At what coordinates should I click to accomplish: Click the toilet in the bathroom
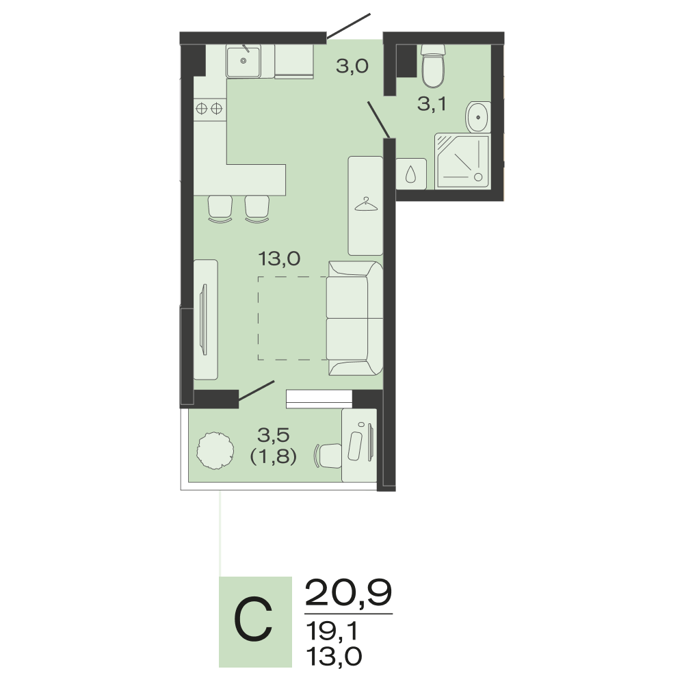433,66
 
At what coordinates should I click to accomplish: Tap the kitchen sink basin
244,62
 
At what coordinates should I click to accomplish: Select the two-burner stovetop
210,109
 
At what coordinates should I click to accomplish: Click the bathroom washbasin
478,118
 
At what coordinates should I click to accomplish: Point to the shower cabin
463,161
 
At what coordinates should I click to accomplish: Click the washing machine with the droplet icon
411,174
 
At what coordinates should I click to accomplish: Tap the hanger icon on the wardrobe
365,204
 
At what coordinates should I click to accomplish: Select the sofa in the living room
355,318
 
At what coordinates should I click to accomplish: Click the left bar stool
220,209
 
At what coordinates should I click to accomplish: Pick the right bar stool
257,209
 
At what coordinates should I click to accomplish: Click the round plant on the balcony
215,451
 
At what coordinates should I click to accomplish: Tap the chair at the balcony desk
328,456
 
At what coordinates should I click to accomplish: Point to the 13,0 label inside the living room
280,259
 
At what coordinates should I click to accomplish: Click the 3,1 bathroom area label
432,104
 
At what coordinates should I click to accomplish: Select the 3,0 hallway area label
352,66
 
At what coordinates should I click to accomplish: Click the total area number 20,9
349,592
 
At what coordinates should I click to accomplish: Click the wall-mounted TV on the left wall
203,319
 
